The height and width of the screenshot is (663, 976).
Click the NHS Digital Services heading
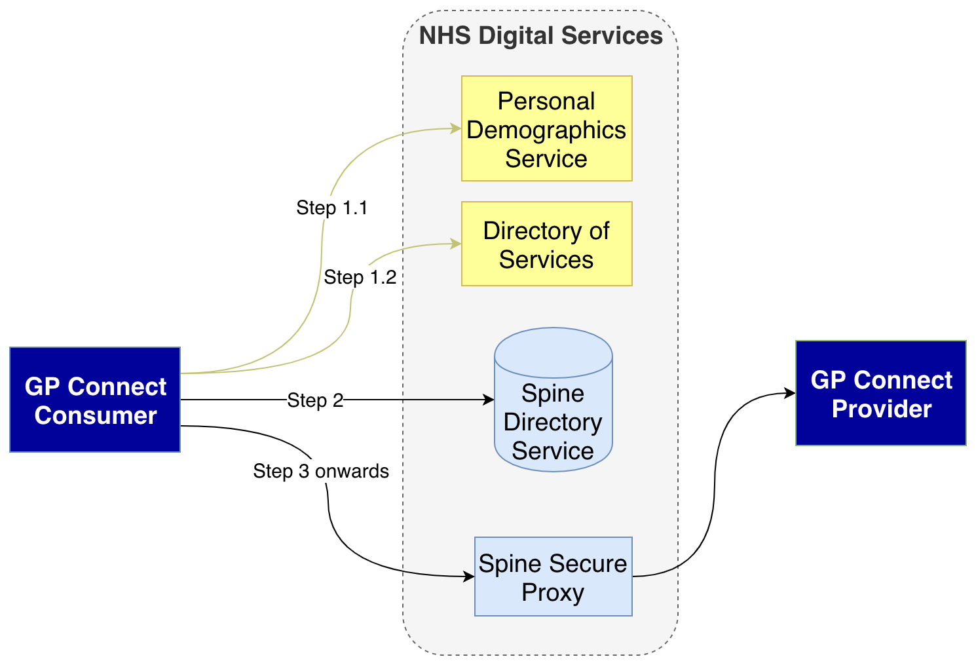(x=540, y=35)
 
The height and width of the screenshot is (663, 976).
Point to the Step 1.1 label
(x=331, y=208)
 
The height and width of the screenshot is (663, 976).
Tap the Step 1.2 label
(x=360, y=277)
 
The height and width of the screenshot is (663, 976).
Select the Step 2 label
(x=315, y=400)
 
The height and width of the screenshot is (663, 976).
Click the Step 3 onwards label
(x=321, y=471)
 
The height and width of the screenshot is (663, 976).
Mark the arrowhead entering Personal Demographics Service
(x=456, y=129)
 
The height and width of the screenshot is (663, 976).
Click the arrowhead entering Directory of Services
(x=456, y=244)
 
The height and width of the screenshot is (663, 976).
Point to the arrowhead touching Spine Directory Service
(x=489, y=400)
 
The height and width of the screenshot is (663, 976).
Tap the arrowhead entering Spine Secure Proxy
(x=469, y=577)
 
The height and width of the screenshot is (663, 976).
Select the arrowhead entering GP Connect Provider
(x=790, y=393)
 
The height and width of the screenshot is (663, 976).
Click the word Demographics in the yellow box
(x=546, y=130)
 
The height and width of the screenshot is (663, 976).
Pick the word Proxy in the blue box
(x=553, y=592)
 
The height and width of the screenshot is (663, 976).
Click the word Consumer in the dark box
(x=96, y=415)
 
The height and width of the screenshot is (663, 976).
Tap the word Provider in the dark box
(x=881, y=409)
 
